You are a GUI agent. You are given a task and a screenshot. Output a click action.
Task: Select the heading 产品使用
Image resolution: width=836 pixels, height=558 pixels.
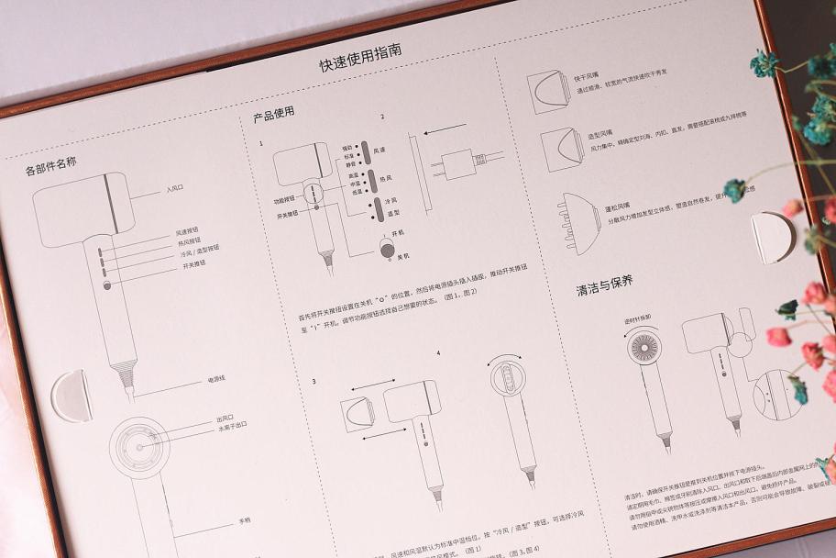click(x=274, y=116)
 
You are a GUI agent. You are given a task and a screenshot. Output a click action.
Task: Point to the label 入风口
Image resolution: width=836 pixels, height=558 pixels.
click(x=175, y=189)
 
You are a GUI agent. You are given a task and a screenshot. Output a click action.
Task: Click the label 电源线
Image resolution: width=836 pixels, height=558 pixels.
click(x=216, y=377)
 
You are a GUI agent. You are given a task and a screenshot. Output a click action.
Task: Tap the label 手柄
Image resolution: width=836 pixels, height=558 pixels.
click(x=244, y=520)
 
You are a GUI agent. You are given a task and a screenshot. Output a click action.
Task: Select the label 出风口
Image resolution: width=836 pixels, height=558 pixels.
click(x=226, y=418)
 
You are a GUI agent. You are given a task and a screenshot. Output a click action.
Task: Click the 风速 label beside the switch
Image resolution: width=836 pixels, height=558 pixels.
click(x=379, y=149)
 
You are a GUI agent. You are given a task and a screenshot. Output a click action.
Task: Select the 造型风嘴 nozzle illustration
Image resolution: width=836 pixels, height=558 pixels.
click(x=559, y=150)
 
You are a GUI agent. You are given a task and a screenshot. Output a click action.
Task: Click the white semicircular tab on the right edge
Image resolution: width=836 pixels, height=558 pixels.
click(x=770, y=238)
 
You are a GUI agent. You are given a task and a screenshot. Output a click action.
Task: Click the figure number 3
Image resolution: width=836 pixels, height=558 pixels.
click(x=313, y=381)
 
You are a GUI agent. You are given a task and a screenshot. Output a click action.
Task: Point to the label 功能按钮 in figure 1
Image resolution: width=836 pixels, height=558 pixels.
click(x=284, y=198)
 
